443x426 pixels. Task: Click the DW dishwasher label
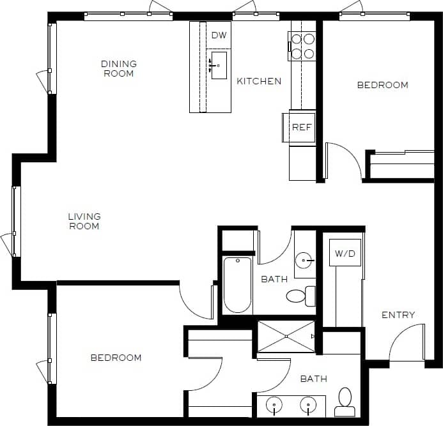coord(219,35)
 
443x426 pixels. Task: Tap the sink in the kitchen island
coord(219,65)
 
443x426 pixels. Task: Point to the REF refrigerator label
coord(301,127)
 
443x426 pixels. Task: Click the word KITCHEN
coord(259,81)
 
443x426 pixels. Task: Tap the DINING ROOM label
coord(119,68)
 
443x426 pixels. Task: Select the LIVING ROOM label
coord(84,221)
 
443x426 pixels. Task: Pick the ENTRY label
coord(398,315)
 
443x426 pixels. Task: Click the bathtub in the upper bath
coord(237,284)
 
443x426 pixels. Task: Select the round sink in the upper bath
coord(305,259)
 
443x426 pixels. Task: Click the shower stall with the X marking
coord(286,337)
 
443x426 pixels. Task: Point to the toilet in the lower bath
coord(345,398)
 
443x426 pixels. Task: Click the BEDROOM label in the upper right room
coord(382,85)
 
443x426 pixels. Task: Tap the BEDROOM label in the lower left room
coord(116,358)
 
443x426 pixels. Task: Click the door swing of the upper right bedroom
coord(345,160)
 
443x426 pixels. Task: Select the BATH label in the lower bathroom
coord(314,379)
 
